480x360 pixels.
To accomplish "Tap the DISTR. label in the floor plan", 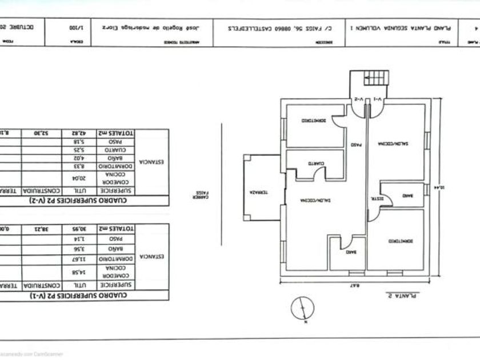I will (x=370, y=198).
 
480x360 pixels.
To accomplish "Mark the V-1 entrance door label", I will (x=377, y=99).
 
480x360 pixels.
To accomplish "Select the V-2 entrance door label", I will (x=358, y=99).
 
